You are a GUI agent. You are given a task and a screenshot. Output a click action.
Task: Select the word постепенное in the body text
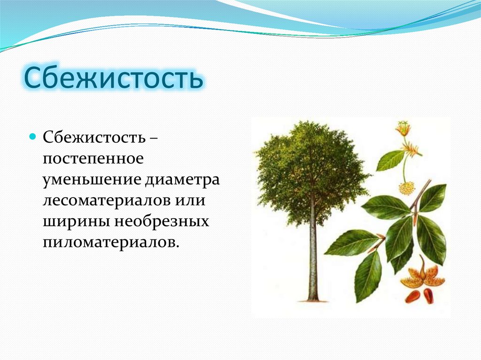point(93,159)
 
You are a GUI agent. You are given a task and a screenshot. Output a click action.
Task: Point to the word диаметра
point(182,180)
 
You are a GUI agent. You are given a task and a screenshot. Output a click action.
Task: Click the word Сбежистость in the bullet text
point(94,138)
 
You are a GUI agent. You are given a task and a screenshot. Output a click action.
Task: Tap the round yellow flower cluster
point(407,189)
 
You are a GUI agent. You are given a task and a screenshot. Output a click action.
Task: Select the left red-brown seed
point(412,296)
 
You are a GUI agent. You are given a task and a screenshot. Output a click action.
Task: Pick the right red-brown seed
point(429,296)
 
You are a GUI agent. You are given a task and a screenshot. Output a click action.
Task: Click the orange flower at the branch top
point(403,129)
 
